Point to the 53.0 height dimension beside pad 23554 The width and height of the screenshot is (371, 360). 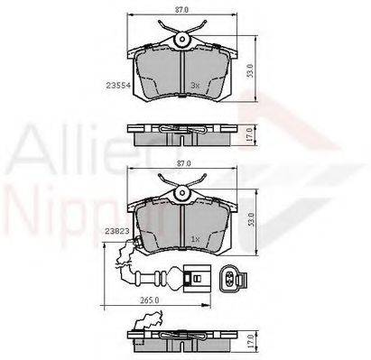point(263,69)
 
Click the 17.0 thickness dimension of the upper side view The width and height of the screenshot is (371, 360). point(263,131)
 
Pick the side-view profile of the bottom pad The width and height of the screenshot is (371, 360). point(185,342)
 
